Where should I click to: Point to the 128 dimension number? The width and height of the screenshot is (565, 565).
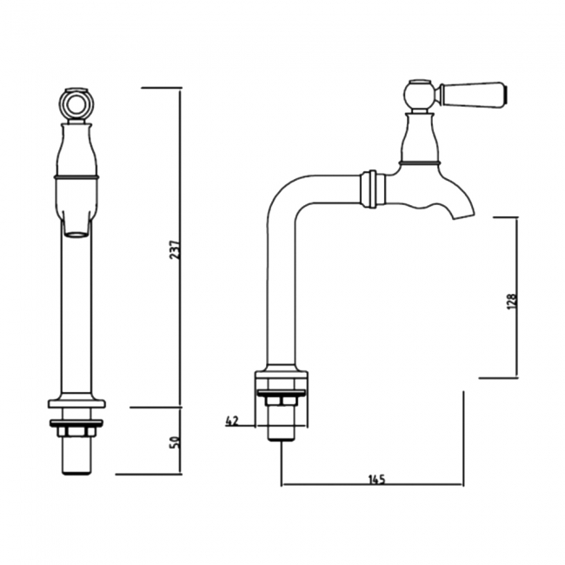coord(512,299)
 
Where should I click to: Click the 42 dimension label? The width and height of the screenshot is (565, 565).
coord(231,421)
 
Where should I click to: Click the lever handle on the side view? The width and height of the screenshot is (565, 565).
coord(474,91)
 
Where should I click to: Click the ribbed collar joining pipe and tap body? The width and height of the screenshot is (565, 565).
coord(371,188)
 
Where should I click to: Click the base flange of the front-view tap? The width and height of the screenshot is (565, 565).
coord(77,403)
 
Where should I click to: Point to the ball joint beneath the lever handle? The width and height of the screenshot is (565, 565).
coord(420,93)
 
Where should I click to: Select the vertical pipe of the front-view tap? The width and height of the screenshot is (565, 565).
coord(77,313)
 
